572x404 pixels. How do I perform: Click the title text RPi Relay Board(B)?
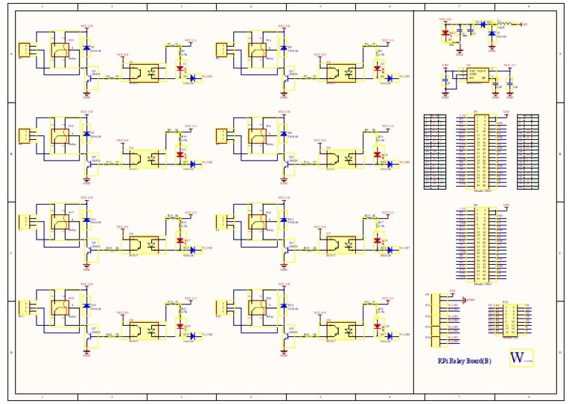[464, 361]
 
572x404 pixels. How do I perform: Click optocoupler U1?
[144, 73]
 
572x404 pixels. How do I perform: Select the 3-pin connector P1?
[25, 50]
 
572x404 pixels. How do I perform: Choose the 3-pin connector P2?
[223, 50]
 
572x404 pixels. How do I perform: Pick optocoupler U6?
[144, 245]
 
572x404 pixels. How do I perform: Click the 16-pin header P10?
[506, 318]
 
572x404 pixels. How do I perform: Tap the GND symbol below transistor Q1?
[86, 95]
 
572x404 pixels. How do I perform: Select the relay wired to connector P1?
[60, 51]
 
